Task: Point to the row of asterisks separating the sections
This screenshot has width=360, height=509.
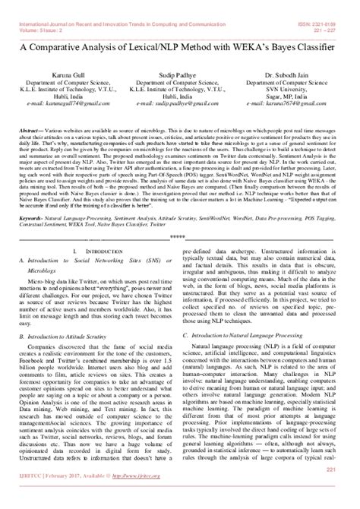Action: pos(179,216)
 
